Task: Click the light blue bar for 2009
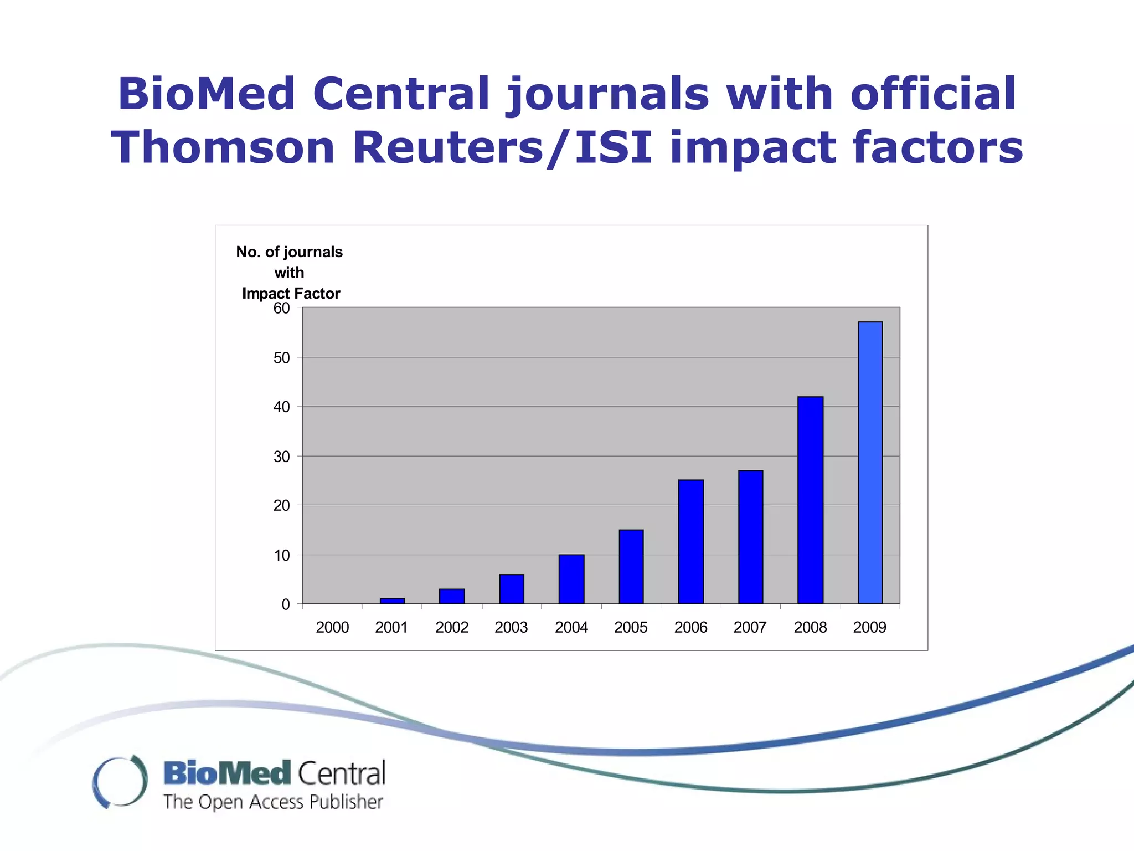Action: pyautogui.click(x=870, y=463)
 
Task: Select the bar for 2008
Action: pyautogui.click(x=810, y=500)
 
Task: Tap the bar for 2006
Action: pyautogui.click(x=690, y=541)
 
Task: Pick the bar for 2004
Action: pyautogui.click(x=571, y=578)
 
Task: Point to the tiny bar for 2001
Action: pyautogui.click(x=392, y=601)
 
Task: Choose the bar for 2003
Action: pyautogui.click(x=511, y=588)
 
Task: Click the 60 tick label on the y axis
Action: pyautogui.click(x=281, y=309)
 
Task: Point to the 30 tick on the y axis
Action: pyautogui.click(x=281, y=457)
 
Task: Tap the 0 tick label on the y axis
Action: pyautogui.click(x=285, y=604)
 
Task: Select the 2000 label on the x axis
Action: pyautogui.click(x=332, y=627)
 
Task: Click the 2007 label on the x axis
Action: pyautogui.click(x=750, y=627)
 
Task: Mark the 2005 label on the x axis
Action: pyautogui.click(x=631, y=627)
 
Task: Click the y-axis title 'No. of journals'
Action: pyautogui.click(x=289, y=252)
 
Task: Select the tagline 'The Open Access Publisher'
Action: pyautogui.click(x=272, y=802)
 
